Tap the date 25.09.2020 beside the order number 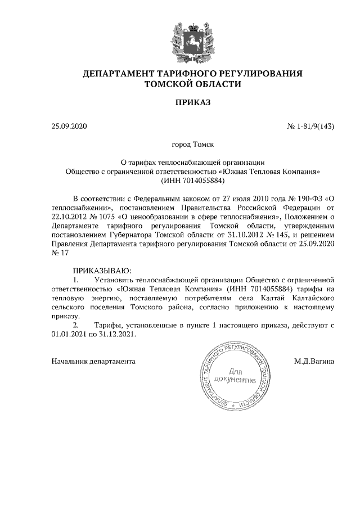[69, 126]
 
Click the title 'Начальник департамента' [93, 361]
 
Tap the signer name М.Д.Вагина [314, 361]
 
